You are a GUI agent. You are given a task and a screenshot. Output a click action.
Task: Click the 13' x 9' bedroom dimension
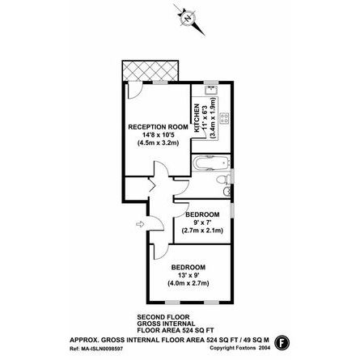187,275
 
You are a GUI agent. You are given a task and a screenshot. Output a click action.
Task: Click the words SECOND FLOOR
154,315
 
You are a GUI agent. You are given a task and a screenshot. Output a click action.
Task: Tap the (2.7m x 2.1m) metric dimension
202,231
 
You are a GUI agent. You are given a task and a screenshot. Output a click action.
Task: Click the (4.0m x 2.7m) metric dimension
188,283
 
